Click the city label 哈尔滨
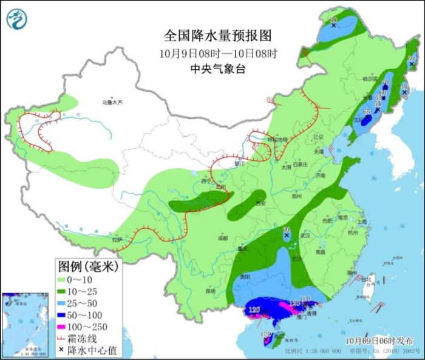(370, 79)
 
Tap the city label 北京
(319, 137)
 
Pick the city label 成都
(222, 238)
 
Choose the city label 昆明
(211, 291)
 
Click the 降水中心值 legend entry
(88, 350)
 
